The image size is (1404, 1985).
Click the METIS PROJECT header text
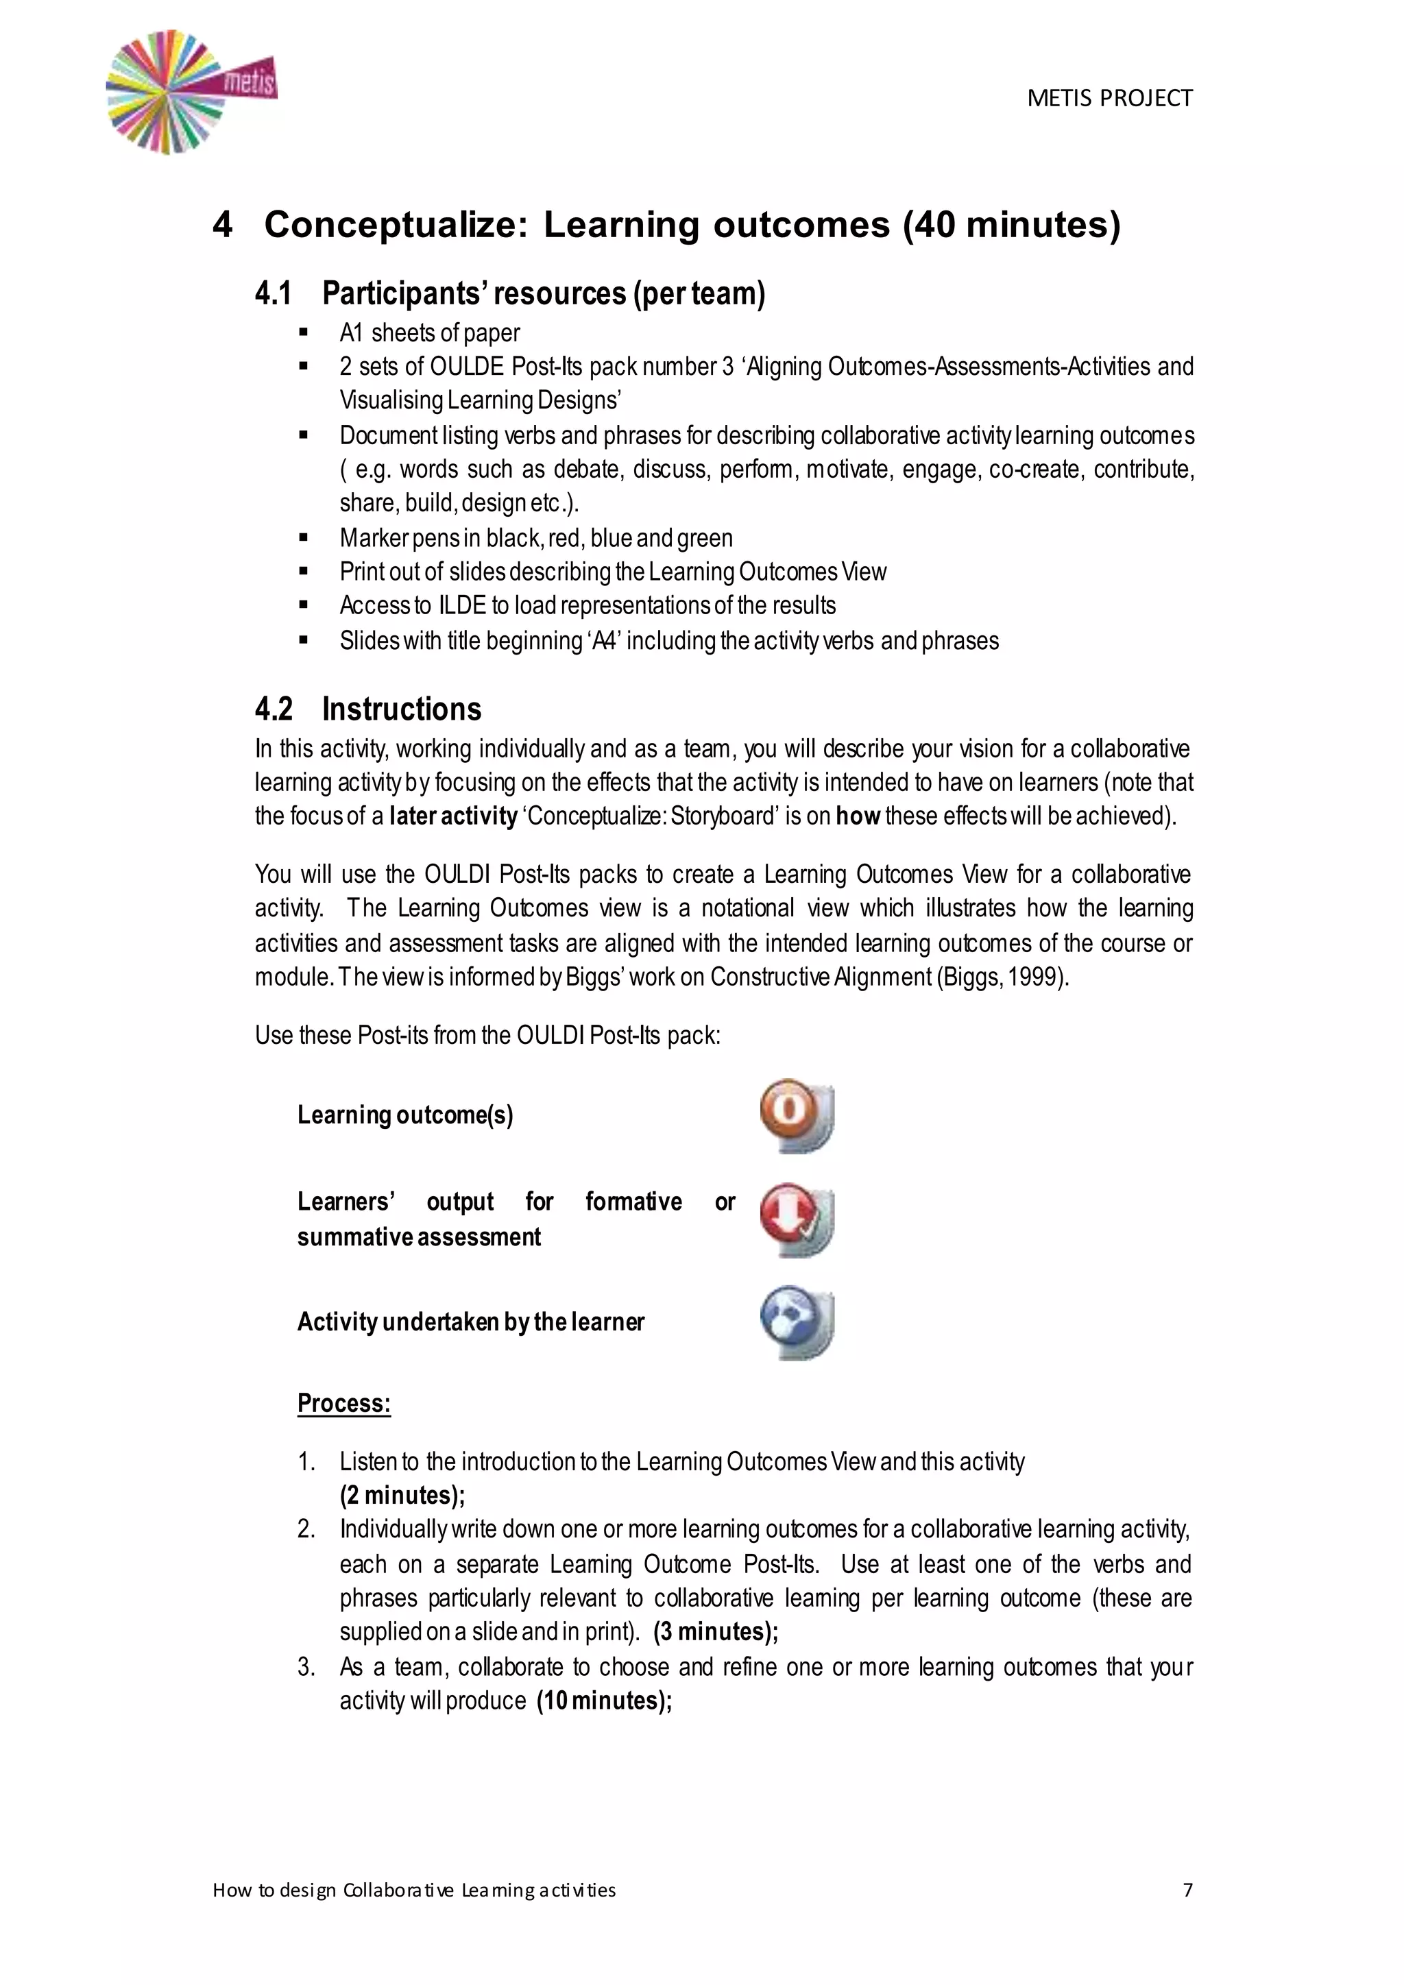[1109, 99]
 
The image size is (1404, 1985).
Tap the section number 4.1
[274, 294]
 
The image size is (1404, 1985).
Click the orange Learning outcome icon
[796, 1115]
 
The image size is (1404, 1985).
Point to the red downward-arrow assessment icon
[796, 1219]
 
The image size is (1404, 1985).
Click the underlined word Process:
[344, 1403]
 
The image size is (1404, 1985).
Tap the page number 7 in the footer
[1187, 1890]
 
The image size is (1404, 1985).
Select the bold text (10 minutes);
[604, 1701]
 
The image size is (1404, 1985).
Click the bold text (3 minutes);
[716, 1631]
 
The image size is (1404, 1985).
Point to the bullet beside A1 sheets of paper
[304, 333]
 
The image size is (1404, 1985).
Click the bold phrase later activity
[453, 816]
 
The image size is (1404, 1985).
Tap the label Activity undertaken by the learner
[470, 1322]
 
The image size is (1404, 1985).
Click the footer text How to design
[274, 1890]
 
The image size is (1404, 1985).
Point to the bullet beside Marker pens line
[304, 538]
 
